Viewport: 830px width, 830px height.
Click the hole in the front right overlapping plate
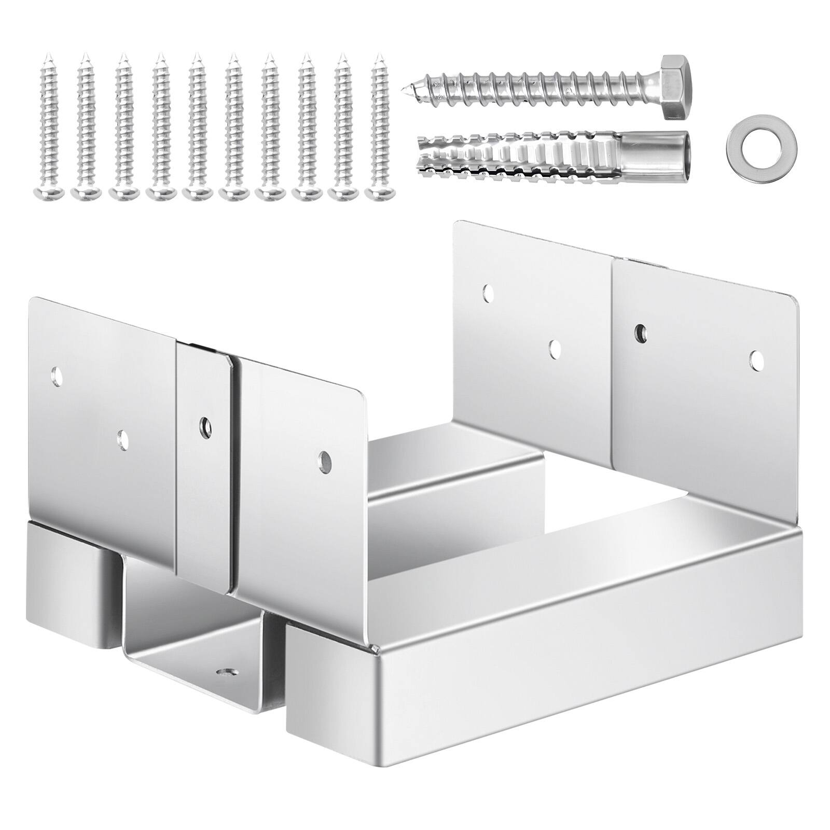click(x=325, y=460)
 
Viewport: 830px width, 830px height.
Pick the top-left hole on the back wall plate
click(x=488, y=293)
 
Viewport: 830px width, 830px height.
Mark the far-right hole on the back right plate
click(x=756, y=358)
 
